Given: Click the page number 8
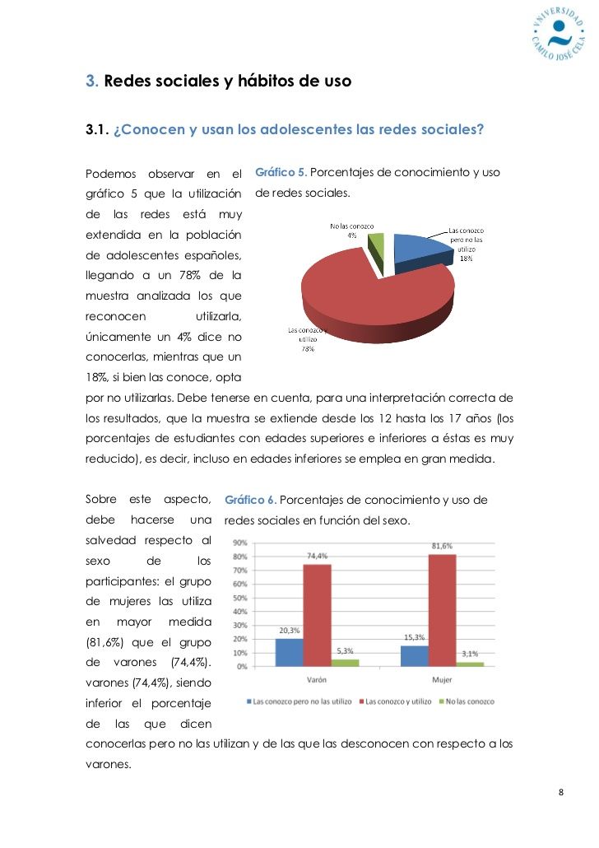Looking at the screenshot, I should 561,792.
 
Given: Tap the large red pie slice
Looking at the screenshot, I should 378,296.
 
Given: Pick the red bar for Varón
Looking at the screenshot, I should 318,615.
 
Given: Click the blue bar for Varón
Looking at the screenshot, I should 289,652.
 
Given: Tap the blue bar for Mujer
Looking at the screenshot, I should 415,655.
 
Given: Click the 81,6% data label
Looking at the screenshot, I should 442,546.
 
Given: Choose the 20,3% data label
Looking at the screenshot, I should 288,631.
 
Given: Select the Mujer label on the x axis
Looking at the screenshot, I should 442,680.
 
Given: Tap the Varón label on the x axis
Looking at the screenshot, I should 316,680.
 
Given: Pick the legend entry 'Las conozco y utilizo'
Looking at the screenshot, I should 398,701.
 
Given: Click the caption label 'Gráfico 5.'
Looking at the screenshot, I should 281,173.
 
